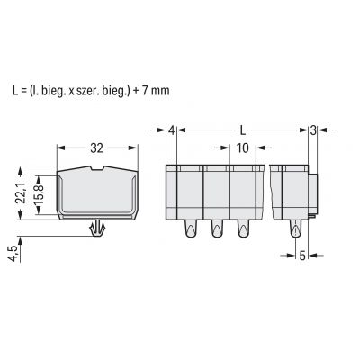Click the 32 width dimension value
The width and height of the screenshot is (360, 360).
pyautogui.click(x=96, y=148)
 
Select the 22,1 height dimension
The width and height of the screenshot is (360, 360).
pyautogui.click(x=22, y=193)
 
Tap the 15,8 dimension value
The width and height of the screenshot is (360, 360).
pyautogui.click(x=40, y=194)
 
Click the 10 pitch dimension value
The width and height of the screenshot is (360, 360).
pyautogui.click(x=243, y=148)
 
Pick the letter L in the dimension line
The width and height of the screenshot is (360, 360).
pyautogui.click(x=243, y=130)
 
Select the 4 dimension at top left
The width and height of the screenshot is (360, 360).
pyautogui.click(x=171, y=130)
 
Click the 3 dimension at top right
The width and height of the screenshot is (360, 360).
pyautogui.click(x=313, y=130)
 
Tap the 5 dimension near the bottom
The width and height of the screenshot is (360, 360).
pyautogui.click(x=302, y=256)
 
